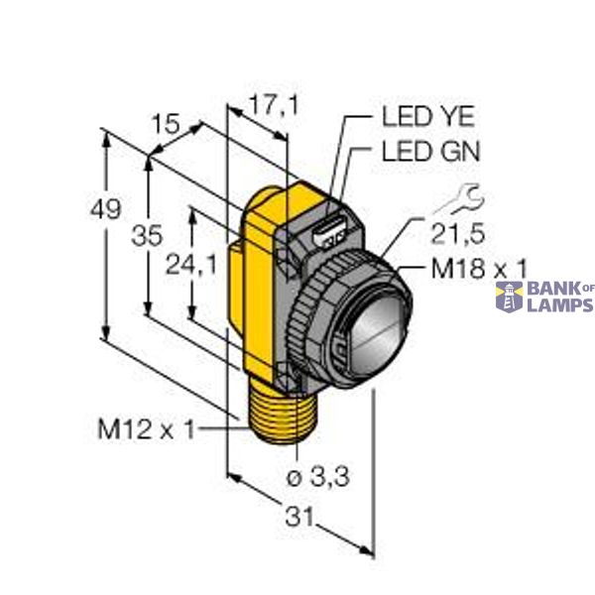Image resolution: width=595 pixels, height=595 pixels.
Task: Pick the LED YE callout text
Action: pyautogui.click(x=428, y=116)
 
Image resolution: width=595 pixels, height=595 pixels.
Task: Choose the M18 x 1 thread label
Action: pyautogui.click(x=478, y=267)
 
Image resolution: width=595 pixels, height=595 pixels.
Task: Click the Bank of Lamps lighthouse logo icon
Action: pyautogui.click(x=509, y=296)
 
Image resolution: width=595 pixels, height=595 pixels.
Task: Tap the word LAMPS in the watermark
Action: pyautogui.click(x=559, y=305)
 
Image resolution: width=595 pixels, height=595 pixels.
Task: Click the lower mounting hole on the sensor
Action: pyautogui.click(x=287, y=374)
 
